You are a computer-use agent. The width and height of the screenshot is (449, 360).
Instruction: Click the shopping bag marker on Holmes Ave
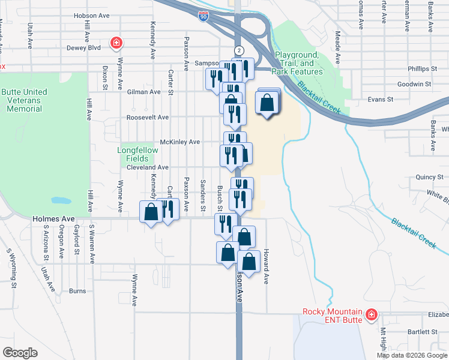pos(151,212)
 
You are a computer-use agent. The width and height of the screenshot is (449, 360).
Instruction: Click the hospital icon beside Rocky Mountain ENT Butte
pos(372,314)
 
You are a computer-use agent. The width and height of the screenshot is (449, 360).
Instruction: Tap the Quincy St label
pos(429,178)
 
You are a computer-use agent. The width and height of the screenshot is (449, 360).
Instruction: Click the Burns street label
pos(77,291)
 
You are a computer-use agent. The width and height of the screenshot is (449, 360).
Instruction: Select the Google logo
pos(20,353)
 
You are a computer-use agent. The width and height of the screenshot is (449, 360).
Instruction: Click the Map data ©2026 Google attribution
pos(412,355)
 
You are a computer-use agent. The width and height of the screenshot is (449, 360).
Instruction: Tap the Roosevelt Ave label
pos(147,118)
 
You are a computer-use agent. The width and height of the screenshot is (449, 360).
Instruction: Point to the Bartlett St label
pos(423,332)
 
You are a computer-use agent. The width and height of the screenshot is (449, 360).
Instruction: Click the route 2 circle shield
pos(239,50)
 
